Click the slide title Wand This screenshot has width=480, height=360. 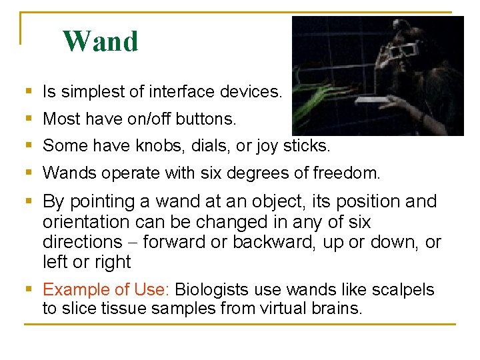(x=101, y=41)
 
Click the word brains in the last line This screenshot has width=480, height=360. (x=335, y=309)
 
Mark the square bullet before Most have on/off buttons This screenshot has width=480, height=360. (x=27, y=119)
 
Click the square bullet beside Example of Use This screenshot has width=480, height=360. (x=27, y=289)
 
